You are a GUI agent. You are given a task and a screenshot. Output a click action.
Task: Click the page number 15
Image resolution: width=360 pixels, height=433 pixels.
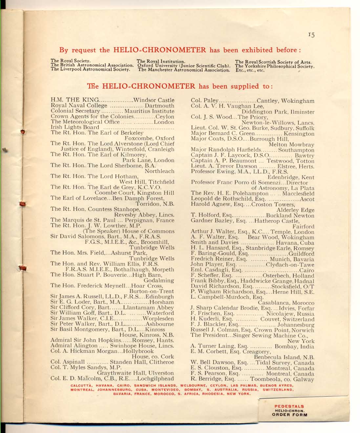click(x=311, y=35)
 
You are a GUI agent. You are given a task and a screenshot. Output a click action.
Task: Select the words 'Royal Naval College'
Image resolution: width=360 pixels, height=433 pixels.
click(x=79, y=106)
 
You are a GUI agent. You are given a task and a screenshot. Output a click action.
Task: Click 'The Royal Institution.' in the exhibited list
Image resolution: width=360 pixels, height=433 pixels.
click(x=161, y=61)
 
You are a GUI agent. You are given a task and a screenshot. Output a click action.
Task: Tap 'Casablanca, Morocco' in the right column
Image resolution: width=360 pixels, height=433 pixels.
click(x=286, y=303)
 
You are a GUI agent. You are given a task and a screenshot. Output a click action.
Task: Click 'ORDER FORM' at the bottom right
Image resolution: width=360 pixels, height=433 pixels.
click(x=290, y=415)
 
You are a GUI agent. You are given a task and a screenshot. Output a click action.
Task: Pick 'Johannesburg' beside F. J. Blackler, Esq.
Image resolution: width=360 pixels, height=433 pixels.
click(x=296, y=325)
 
